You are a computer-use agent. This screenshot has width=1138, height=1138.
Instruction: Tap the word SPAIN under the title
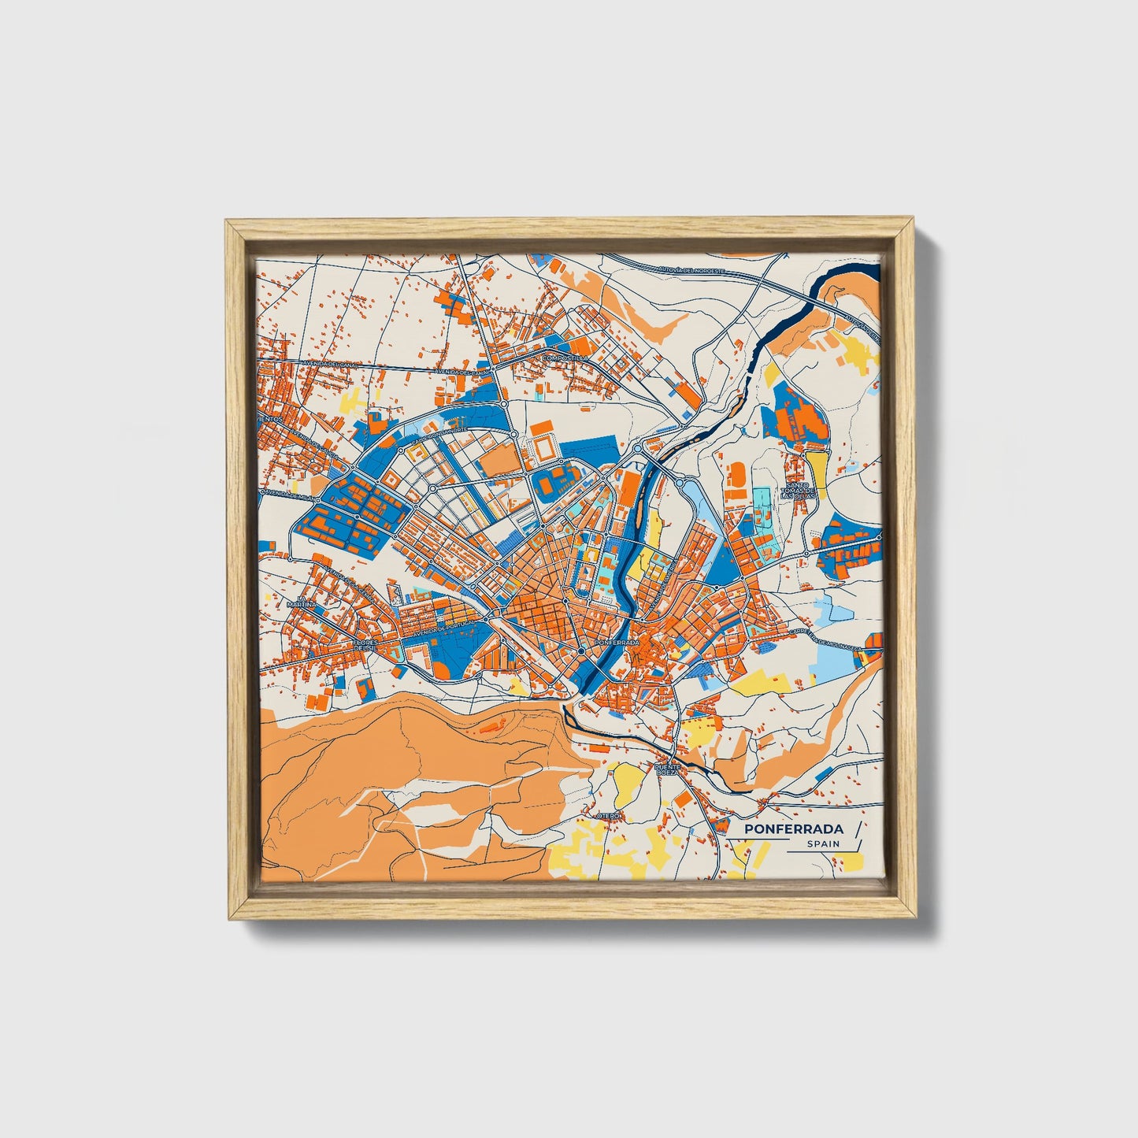[823, 843]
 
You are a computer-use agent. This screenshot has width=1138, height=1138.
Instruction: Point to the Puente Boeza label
[666, 769]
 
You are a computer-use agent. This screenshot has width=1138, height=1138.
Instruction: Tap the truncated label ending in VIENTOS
[269, 419]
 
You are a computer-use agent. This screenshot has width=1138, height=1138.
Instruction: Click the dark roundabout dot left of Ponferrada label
[581, 651]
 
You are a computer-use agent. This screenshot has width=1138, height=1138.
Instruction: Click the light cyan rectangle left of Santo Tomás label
[762, 504]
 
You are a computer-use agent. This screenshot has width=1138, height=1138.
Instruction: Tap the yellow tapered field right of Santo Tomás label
[816, 468]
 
